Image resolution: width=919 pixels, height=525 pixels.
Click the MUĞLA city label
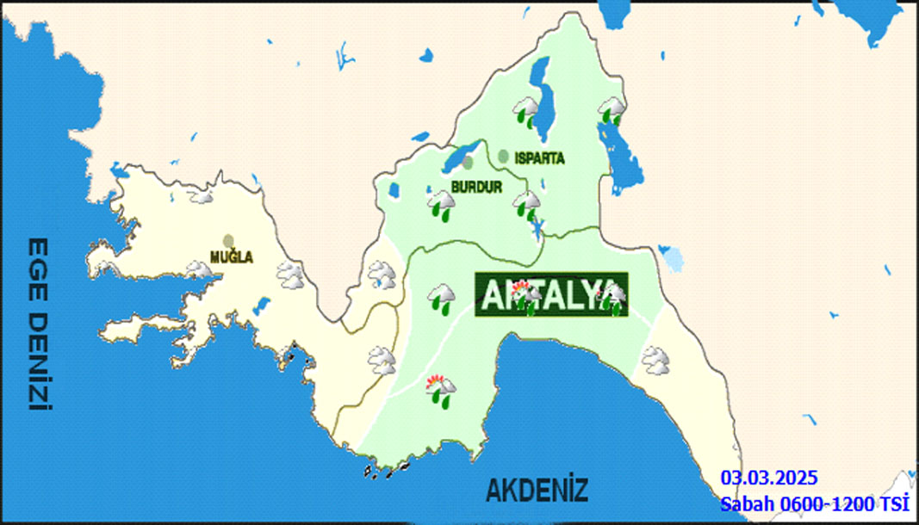pos(231,257)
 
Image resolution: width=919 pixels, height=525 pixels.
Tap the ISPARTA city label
pos(538,158)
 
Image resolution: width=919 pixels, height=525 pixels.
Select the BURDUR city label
pos(475,185)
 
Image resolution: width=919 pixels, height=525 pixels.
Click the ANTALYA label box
pos(551,296)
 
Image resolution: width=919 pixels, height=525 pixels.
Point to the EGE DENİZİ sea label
pos(37,324)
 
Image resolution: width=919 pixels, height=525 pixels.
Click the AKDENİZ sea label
pos(537,491)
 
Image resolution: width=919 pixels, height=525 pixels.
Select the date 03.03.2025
pos(769,478)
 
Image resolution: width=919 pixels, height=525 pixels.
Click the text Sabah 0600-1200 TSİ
pos(815,503)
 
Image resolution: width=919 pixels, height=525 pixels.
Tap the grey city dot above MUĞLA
pos(228,242)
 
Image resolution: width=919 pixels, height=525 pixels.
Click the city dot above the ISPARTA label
pos(503,156)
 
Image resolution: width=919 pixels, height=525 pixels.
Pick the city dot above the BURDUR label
pos(467,162)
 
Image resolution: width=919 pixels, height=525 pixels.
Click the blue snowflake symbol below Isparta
pos(537,229)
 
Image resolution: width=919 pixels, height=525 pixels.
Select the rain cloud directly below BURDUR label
pos(442,205)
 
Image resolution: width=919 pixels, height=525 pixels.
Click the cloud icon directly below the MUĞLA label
pos(200,272)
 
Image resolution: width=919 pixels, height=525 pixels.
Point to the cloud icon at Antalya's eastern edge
pos(656,360)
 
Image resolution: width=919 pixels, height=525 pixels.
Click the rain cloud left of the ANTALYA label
pos(442,298)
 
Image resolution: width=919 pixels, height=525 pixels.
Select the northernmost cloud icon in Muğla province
pos(202,196)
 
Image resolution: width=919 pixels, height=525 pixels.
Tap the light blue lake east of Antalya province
pos(670,256)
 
